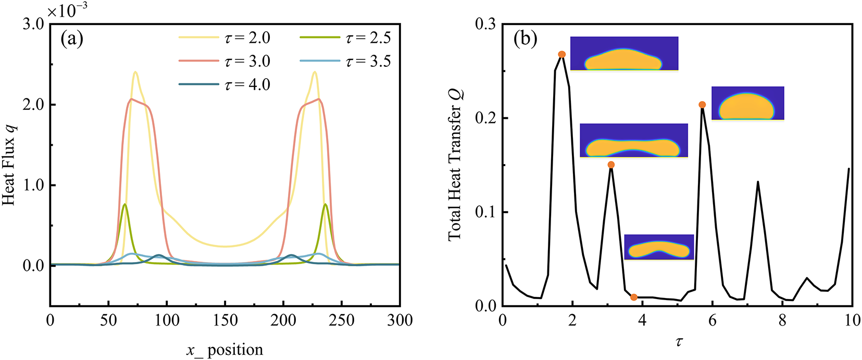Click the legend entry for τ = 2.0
point(224,38)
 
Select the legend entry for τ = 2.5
point(345,38)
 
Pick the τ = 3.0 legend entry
point(224,61)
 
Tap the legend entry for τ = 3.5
point(345,61)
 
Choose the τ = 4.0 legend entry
point(224,84)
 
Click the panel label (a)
point(72,39)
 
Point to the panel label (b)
point(525,39)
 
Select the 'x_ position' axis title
point(225,350)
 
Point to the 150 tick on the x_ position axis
point(225,320)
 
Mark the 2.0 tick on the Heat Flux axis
point(34,105)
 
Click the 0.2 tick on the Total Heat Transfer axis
point(485,118)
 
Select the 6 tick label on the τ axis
point(713,320)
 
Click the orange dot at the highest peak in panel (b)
point(561,54)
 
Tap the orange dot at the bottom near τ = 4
point(634,297)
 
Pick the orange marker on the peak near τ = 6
point(702,105)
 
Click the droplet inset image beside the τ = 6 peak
point(747,103)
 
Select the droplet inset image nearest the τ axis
point(659,247)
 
